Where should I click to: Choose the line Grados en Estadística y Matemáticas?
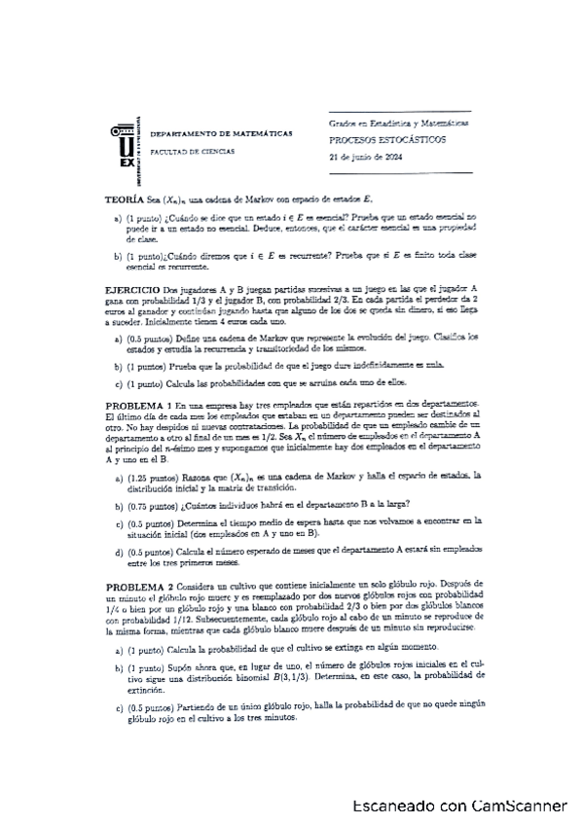point(399,125)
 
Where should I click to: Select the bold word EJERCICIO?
point(131,290)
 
